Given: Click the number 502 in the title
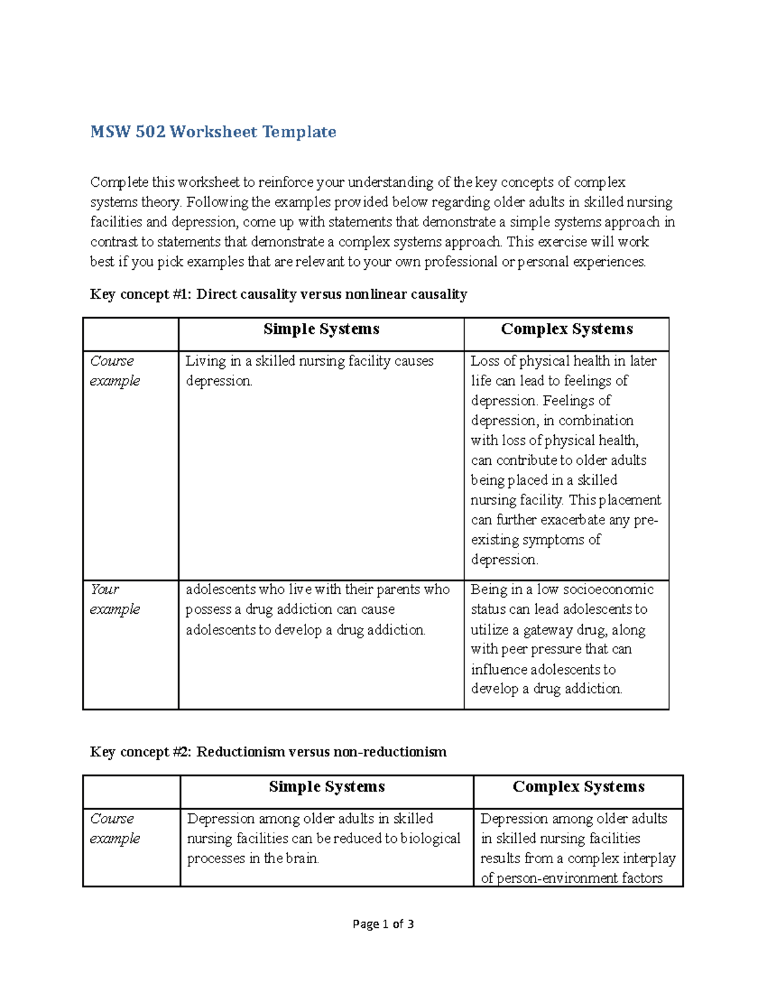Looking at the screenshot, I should click(150, 132).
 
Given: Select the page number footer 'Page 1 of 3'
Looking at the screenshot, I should click(383, 924).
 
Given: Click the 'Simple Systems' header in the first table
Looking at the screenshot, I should click(321, 329).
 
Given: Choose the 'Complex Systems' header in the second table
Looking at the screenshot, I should click(578, 787).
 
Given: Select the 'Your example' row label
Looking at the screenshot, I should click(114, 599).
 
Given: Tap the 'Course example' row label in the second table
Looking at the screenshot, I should click(114, 828).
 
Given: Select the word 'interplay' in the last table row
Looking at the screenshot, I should click(649, 858).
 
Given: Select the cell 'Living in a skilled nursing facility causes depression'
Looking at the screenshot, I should click(309, 371).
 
